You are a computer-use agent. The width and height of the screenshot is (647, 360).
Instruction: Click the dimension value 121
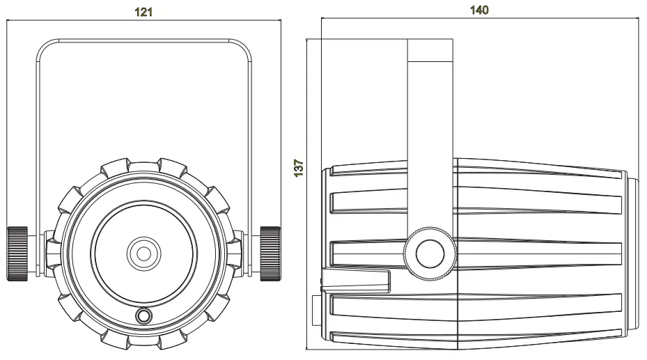143,12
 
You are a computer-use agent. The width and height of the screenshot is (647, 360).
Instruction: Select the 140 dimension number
481,10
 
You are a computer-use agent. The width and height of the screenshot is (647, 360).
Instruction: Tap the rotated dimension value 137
299,169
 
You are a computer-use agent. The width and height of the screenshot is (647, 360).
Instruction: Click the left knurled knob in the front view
17,252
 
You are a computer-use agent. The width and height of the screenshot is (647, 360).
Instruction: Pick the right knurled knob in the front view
270,252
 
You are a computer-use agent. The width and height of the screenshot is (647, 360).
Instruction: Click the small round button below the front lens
144,317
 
